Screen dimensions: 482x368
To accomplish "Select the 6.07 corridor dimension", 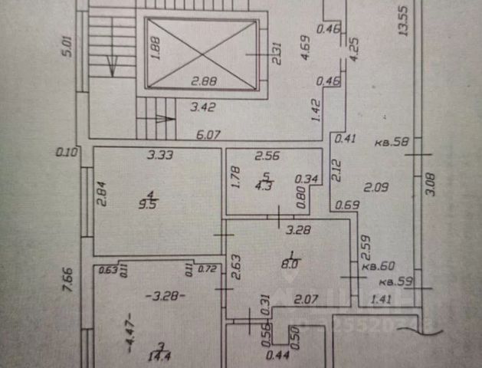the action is (x=208, y=133).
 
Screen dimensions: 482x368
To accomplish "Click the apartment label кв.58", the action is (x=391, y=142).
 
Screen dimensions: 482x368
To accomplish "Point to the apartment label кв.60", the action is (x=379, y=266).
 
